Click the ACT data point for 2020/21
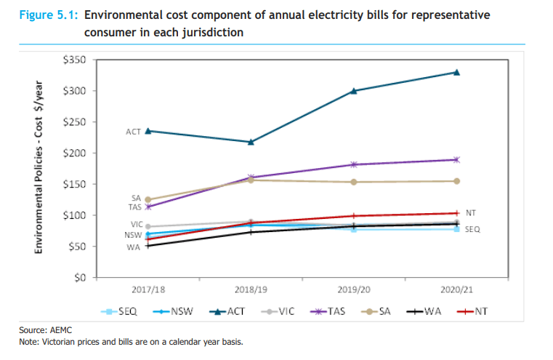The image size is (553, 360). point(456,72)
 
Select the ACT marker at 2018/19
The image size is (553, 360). point(251,142)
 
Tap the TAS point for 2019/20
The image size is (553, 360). point(354,164)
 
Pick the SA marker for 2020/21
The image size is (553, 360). point(456,181)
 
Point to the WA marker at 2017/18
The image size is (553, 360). point(148,246)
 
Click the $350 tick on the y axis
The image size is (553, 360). point(76,60)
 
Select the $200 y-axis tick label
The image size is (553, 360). point(76,153)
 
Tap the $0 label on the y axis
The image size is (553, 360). point(80,279)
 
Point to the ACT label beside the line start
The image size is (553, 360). point(133,132)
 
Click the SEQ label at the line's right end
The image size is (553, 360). point(472,230)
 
